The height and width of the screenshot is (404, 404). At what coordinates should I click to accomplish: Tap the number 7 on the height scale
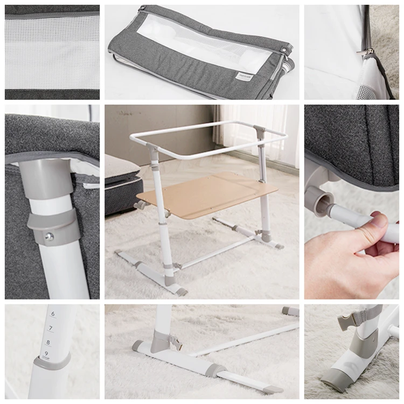[x=51, y=328]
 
